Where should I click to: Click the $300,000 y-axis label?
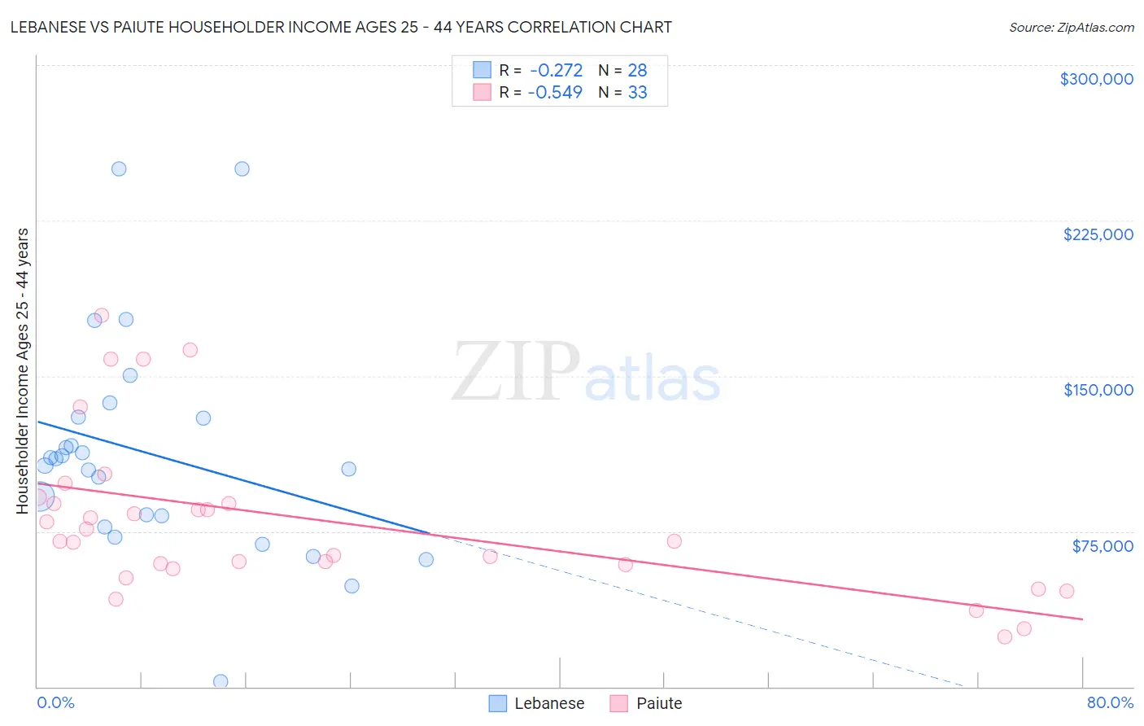coord(1096,79)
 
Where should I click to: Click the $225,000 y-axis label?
coord(1098,234)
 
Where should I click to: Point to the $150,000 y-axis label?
coord(1098,390)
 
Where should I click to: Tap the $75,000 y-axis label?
coord(1102,546)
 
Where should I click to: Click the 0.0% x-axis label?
coord(55,702)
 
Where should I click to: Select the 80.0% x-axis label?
coord(1110,702)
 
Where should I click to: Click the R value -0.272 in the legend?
coord(556,71)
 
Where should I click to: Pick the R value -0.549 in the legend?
coord(555,93)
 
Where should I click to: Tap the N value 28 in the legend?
coord(637,71)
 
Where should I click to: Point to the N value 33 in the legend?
coord(637,93)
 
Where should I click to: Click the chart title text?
coord(341,27)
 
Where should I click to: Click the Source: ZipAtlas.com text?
coord(1071,28)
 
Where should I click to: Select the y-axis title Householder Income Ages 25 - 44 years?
coord(22,371)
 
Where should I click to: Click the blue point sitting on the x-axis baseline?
coord(221,681)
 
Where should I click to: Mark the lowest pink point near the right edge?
coord(1005,636)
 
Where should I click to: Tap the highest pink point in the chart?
coord(102,315)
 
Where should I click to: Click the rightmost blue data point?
coord(426,559)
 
